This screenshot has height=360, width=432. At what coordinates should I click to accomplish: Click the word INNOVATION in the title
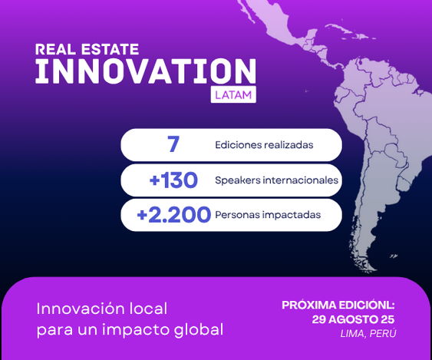tap(146, 71)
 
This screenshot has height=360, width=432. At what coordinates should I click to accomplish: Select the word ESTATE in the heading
tap(110, 49)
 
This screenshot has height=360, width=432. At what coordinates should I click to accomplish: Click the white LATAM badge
tap(233, 94)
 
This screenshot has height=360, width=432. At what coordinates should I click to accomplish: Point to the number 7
tap(173, 144)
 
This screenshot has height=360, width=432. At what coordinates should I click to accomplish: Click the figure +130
tap(173, 180)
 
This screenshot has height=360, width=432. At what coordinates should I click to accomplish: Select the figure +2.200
tap(174, 215)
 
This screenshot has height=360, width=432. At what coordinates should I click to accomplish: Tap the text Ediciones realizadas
tap(264, 145)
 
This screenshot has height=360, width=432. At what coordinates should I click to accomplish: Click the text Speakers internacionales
tap(276, 180)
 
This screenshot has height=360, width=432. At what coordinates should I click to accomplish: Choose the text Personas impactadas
tap(268, 215)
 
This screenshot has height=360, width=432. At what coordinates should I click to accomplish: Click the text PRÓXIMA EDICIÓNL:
tap(338, 306)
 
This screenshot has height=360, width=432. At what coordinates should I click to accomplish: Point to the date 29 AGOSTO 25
tap(353, 319)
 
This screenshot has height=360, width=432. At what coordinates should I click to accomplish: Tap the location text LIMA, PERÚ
tap(368, 333)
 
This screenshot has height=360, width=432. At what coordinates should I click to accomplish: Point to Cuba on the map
tap(345, 30)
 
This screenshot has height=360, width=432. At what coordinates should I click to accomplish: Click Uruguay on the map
tap(404, 184)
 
